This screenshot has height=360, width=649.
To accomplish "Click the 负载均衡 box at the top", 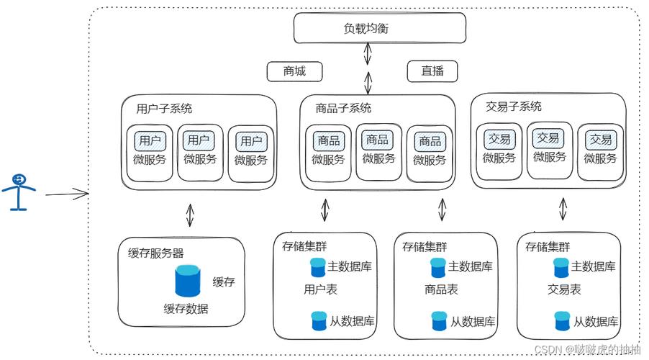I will tap(367, 28).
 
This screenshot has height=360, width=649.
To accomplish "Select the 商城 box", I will tap(294, 71).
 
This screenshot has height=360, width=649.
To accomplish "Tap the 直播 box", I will tap(432, 71).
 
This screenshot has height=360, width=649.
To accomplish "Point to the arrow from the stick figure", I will tap(66, 194).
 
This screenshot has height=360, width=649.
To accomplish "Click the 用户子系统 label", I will tap(164, 109).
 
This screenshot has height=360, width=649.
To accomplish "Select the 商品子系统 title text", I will tap(343, 109).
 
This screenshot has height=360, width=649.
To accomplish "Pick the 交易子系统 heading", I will tap(514, 107).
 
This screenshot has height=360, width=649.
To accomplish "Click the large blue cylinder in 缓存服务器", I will tap(189, 281).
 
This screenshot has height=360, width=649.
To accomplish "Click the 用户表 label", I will tap(320, 290).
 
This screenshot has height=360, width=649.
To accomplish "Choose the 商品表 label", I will tap(441, 290).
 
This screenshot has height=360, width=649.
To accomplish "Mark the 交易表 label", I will tap(564, 290).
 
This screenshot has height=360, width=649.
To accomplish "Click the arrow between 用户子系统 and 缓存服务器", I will tap(190, 215).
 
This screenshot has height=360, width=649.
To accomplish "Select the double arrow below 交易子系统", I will tap(563, 210).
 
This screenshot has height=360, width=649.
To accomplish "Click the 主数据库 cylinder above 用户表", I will tap(317, 268).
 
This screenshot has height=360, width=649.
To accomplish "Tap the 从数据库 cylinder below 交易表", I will tap(562, 320).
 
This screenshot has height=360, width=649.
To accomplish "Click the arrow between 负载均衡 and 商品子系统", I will tap(368, 68).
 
